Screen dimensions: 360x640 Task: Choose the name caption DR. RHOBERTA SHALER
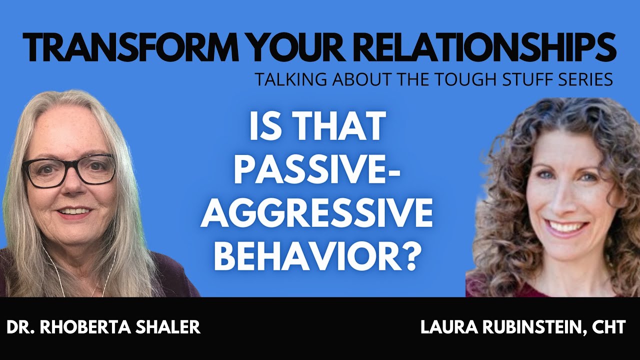pos(103,327)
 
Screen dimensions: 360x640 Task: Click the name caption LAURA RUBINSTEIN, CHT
pos(523,327)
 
